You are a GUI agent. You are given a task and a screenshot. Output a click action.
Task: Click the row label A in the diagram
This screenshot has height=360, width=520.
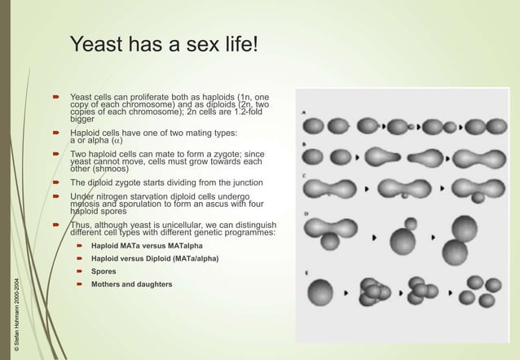pyautogui.click(x=305, y=112)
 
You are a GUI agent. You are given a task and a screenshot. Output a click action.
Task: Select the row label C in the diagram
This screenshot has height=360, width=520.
pyautogui.click(x=305, y=175)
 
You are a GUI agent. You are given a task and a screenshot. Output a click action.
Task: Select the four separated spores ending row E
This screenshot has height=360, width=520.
pyautogui.click(x=476, y=289)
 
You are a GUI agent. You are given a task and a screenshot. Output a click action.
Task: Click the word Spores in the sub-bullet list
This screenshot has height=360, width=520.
pyautogui.click(x=104, y=271)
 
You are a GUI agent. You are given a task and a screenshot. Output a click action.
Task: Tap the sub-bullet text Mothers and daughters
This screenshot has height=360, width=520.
pyautogui.click(x=131, y=284)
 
